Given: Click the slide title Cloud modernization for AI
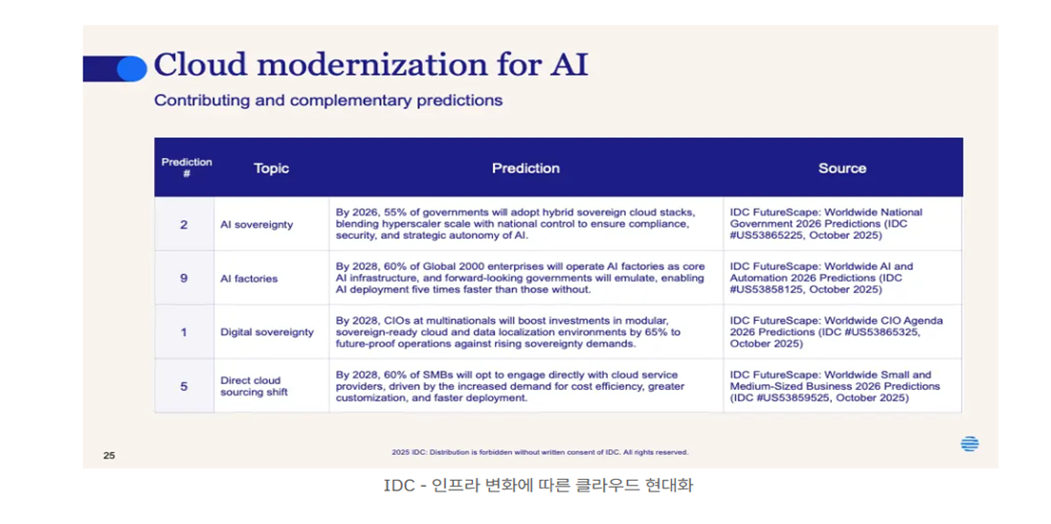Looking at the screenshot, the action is click(x=370, y=65).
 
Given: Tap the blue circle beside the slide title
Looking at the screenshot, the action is click(x=132, y=68).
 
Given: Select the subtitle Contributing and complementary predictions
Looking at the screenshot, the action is click(x=328, y=101).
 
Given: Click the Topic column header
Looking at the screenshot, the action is click(x=272, y=169).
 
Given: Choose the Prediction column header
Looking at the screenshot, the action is click(x=526, y=169).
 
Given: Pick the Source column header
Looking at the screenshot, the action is click(x=842, y=169).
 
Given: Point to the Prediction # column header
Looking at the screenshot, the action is click(x=187, y=168).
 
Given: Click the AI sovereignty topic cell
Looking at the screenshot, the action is click(x=257, y=225).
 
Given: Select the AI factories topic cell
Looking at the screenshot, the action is click(x=249, y=279).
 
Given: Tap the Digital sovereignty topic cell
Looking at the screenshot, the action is click(x=267, y=332).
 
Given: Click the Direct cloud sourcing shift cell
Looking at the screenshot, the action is click(x=254, y=386).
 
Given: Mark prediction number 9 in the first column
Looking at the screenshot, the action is click(x=184, y=278).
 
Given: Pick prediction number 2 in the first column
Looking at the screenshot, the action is click(x=184, y=224).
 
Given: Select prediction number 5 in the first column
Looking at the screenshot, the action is click(x=184, y=386).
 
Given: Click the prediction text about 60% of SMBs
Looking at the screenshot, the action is click(x=509, y=386).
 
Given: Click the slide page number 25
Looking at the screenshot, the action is click(x=109, y=456).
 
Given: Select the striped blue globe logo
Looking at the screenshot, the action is click(x=970, y=444).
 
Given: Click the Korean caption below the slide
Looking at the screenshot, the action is click(x=538, y=485).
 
